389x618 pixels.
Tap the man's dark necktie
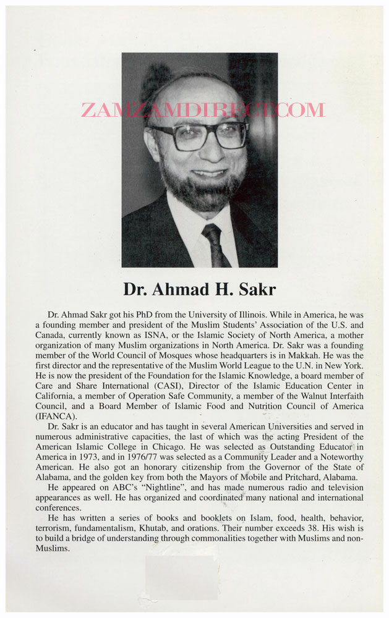(213, 245)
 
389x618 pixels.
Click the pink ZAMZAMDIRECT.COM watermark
(202, 111)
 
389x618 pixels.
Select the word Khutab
(158, 528)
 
